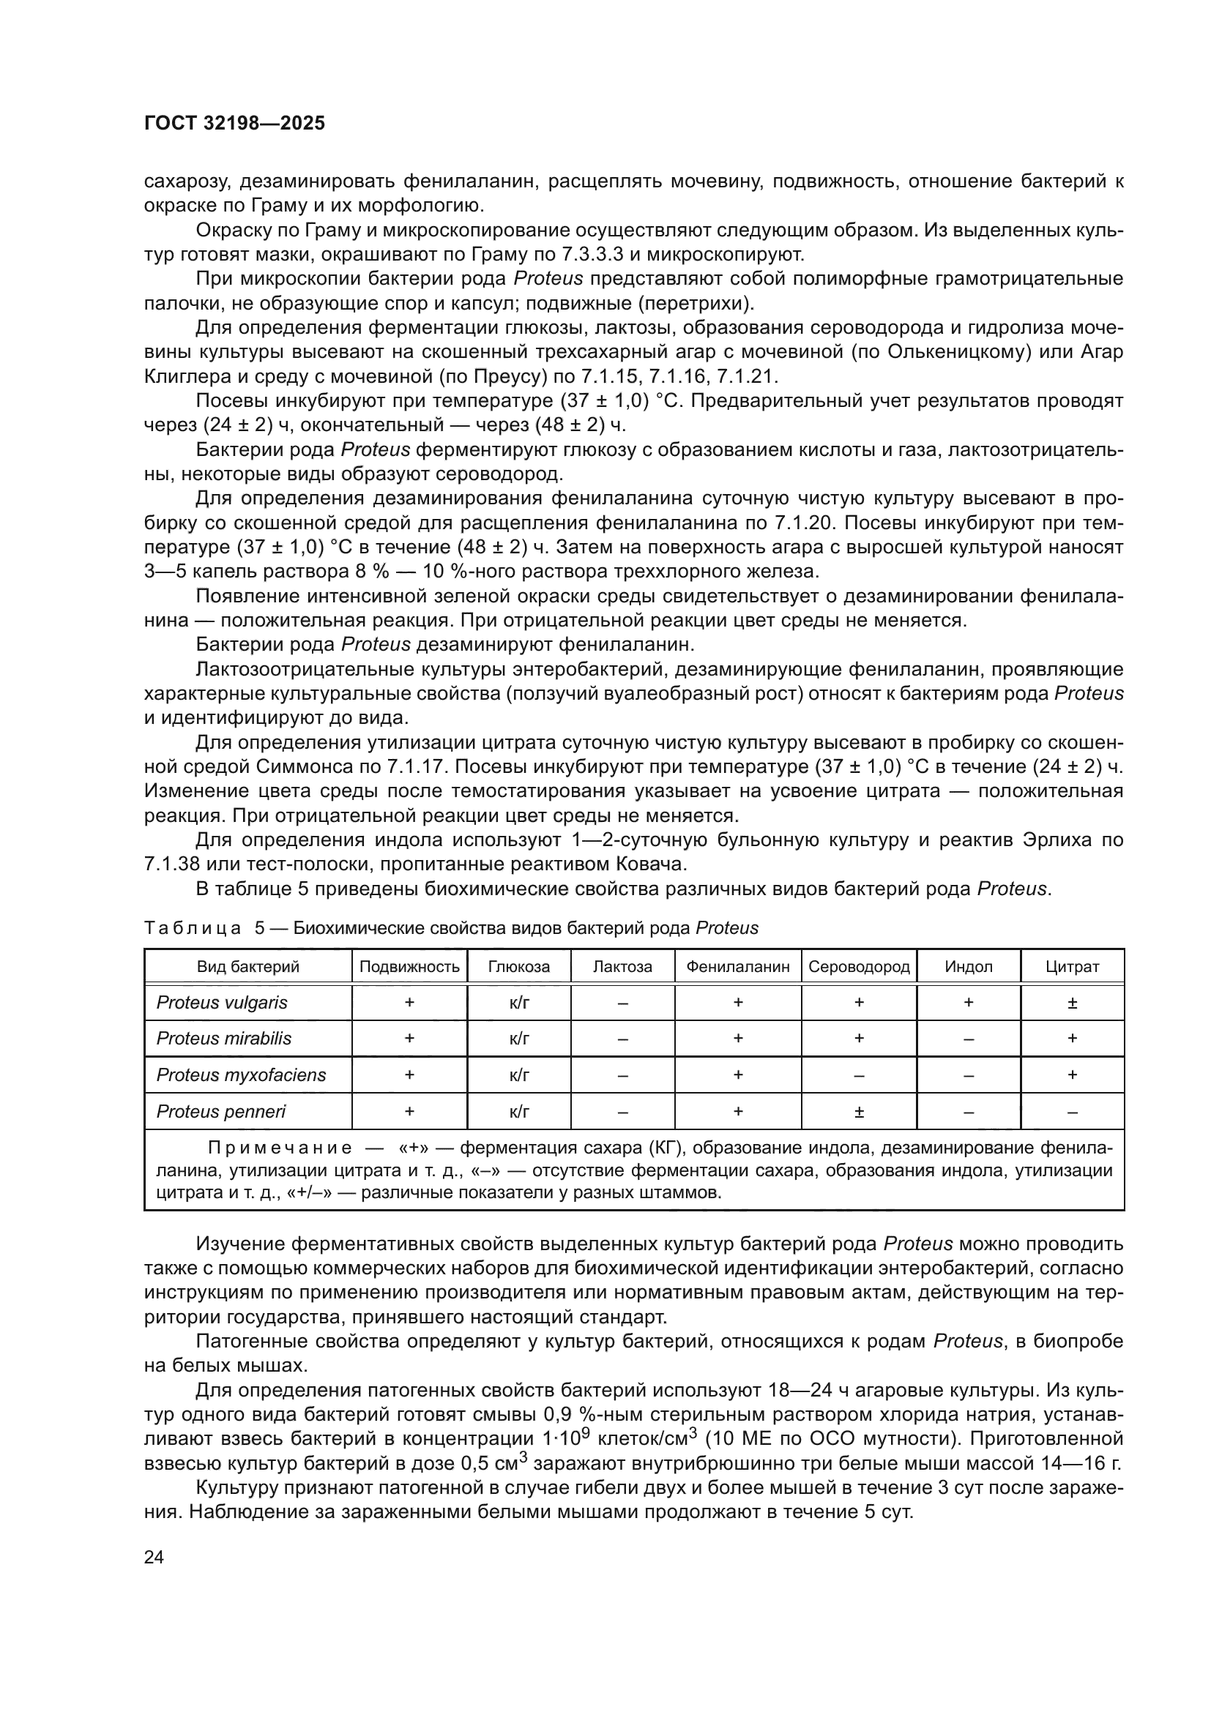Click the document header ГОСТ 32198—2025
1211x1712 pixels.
click(x=234, y=124)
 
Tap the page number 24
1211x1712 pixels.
click(x=154, y=1557)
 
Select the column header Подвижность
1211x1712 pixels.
click(x=409, y=967)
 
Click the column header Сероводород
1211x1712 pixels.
click(x=859, y=967)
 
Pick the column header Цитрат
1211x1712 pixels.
click(x=1072, y=967)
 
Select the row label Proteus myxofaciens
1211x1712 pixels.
click(x=241, y=1075)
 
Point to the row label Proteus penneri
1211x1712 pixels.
click(x=220, y=1112)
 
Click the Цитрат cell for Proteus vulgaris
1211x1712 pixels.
click(x=1072, y=1003)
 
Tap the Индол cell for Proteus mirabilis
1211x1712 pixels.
click(x=968, y=1039)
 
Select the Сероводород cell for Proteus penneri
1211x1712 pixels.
click(x=859, y=1113)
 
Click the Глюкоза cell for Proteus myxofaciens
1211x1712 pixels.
click(x=519, y=1075)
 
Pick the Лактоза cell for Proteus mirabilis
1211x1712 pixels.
click(x=622, y=1039)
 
